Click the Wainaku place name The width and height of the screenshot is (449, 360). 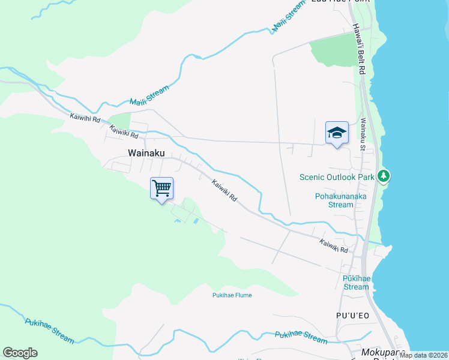[x=146, y=153]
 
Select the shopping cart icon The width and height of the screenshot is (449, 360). [x=161, y=188]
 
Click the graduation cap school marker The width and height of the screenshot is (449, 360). [x=337, y=133]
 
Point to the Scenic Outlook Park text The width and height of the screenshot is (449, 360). [x=336, y=177]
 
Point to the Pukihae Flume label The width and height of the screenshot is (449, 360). [x=232, y=295]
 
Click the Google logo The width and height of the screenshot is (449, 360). [x=20, y=353]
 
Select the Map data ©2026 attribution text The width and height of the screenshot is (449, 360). [x=423, y=355]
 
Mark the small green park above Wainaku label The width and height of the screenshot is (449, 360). [x=119, y=121]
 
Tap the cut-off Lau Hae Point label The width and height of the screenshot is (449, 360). [x=340, y=2]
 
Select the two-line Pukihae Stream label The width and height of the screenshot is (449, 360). [x=356, y=283]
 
